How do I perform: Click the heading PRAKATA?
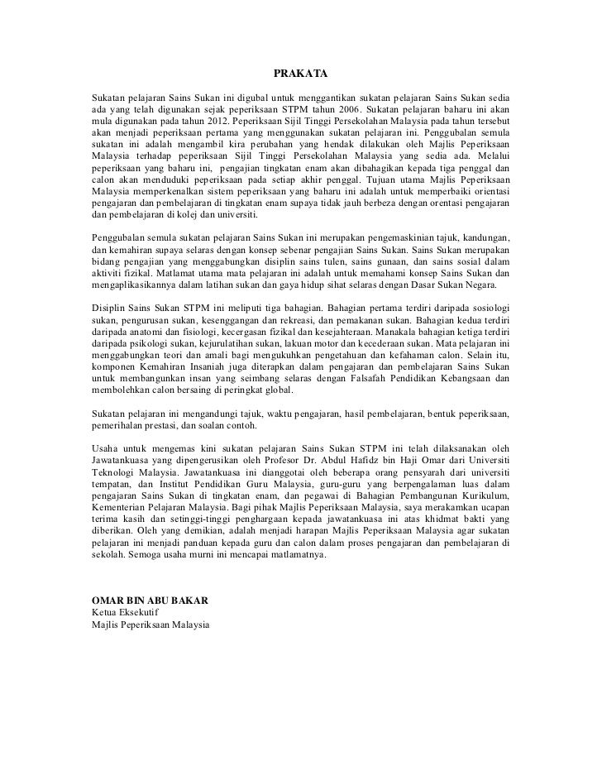[x=300, y=74]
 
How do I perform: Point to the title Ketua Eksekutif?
[x=123, y=610]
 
